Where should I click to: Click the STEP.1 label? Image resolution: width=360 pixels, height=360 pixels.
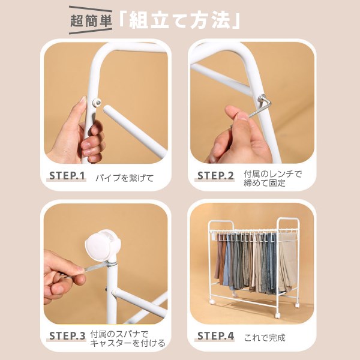click(x=67, y=176)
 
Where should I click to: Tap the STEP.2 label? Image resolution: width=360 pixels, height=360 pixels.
click(x=215, y=176)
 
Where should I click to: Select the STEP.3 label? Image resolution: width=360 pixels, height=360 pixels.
click(x=67, y=336)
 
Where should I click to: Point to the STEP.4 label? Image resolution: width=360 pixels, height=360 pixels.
click(x=215, y=336)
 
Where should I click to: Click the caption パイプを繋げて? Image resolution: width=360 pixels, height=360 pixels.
click(x=124, y=178)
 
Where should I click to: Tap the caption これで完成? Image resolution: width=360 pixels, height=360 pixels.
click(x=265, y=338)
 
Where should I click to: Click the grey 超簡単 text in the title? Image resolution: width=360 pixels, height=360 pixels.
click(x=91, y=21)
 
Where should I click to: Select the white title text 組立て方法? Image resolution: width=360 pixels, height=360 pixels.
click(x=179, y=20)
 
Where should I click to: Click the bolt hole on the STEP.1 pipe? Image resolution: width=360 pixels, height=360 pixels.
click(x=98, y=103)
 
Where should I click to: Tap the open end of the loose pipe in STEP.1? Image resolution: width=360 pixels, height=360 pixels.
click(x=107, y=109)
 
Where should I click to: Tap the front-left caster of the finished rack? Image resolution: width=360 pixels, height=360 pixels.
click(x=212, y=302)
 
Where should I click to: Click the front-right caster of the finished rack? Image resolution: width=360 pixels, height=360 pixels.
click(x=277, y=316)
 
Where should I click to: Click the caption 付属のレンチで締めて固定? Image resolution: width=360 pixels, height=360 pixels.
click(x=272, y=178)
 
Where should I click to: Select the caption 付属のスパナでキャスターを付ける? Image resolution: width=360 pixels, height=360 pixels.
click(x=128, y=338)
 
